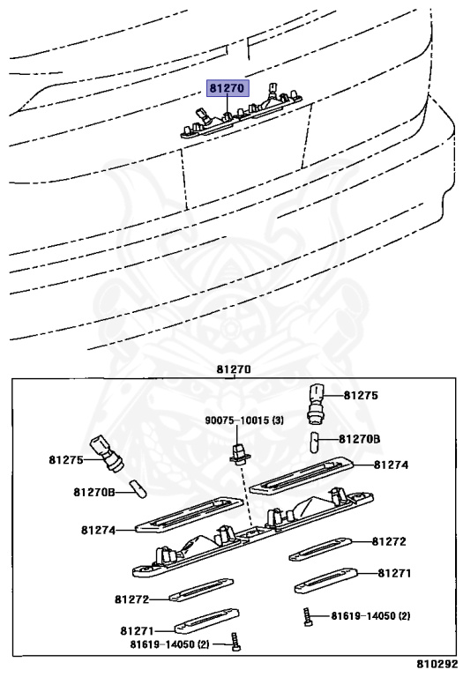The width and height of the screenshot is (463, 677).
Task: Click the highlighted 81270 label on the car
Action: [228, 88]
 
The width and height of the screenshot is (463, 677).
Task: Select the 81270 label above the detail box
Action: [233, 369]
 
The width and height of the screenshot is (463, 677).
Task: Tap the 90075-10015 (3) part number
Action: [244, 420]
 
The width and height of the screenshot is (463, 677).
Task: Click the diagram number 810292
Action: [437, 663]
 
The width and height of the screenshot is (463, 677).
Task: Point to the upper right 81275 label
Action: [361, 396]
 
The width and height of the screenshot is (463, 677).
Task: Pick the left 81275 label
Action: [65, 460]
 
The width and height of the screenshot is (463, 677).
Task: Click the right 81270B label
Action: [359, 439]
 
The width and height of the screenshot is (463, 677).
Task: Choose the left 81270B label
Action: [93, 492]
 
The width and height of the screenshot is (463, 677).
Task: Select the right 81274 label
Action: [391, 465]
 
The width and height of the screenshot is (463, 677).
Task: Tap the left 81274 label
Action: [99, 530]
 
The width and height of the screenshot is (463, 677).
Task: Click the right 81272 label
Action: [389, 541]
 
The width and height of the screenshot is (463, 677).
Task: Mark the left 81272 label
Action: [131, 599]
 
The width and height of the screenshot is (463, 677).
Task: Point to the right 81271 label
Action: [394, 573]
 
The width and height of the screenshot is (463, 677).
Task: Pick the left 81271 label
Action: [138, 631]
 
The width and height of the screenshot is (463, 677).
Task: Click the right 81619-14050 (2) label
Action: [370, 615]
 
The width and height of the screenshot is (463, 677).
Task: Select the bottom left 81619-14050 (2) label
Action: [169, 644]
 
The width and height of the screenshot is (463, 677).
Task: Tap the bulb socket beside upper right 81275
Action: [315, 402]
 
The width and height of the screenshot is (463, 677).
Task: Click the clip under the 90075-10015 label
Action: [240, 454]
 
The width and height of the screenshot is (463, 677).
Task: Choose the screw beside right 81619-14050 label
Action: [308, 616]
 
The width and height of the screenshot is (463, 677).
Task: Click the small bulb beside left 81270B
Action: [138, 489]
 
